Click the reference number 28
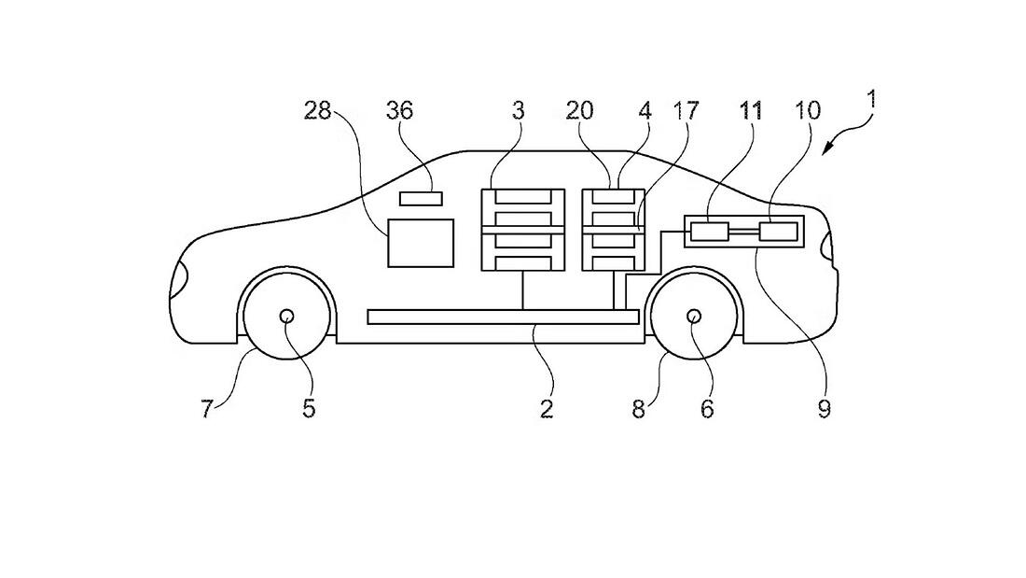click(317, 111)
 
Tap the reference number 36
click(400, 111)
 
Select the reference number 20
click(580, 111)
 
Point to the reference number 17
click(686, 111)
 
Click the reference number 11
click(751, 111)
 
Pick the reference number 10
click(807, 111)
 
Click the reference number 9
click(824, 409)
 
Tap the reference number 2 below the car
click(547, 409)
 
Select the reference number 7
click(207, 409)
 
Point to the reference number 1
click(871, 100)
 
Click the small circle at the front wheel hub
click(286, 317)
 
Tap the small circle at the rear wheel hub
click(694, 317)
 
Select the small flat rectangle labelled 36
click(421, 198)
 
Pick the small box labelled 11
click(709, 232)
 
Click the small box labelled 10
click(778, 232)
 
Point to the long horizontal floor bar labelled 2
click(503, 317)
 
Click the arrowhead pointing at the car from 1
click(827, 149)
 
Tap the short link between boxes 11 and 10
click(743, 232)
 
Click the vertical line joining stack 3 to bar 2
click(522, 289)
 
